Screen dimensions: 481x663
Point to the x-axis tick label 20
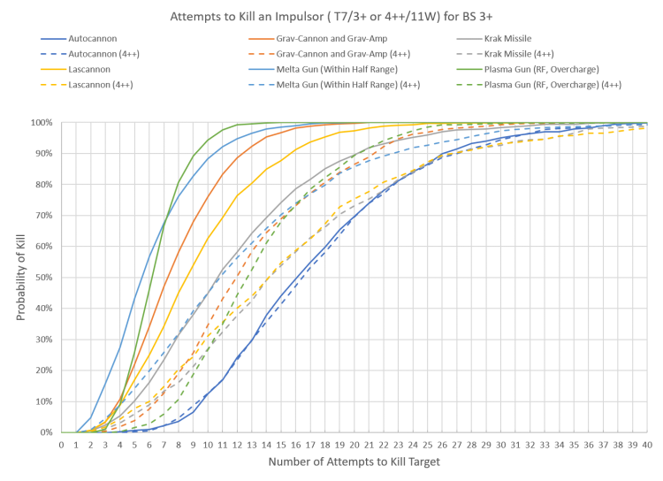[355, 446]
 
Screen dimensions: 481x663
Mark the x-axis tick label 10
[209, 446]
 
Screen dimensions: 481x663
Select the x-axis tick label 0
[61, 446]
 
